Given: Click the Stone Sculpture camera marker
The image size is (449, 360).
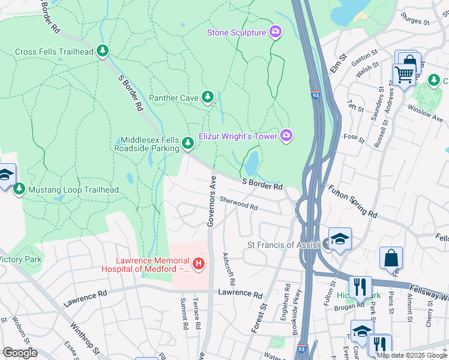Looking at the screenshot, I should pos(276,31).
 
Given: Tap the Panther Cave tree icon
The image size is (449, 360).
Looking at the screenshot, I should pos(208,97).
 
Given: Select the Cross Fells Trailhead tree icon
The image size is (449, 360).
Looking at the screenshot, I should pos(103,52).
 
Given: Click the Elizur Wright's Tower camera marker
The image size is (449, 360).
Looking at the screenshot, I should pos(287,136).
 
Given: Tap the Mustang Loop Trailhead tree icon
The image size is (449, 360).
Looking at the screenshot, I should pos(19,190).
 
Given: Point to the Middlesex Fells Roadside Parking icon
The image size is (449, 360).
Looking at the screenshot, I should pos(188,143).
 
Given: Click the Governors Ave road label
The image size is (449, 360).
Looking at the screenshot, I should pos(211,202).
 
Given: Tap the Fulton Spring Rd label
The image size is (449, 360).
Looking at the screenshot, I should pos(352,201).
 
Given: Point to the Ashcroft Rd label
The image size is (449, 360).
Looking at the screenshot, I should pos(228,268).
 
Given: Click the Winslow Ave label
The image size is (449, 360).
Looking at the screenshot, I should pos(424,112).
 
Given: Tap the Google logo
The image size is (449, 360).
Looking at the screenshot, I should pos(20,353).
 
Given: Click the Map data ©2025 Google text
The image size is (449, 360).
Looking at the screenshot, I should pos(412,355).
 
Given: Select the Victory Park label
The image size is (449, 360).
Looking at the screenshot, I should pos(20,259).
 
